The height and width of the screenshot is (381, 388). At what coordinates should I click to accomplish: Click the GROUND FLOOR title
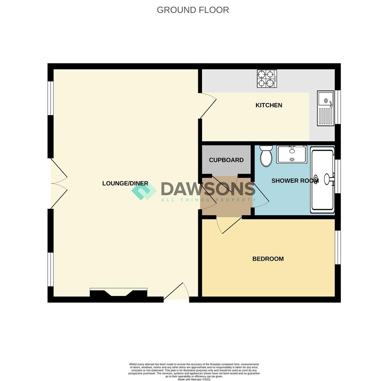(x=193, y=10)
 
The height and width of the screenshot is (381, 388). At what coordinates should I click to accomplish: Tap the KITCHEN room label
(x=269, y=105)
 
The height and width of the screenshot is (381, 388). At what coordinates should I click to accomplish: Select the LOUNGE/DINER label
(x=125, y=183)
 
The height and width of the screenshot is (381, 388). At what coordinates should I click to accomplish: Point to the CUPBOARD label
(x=226, y=160)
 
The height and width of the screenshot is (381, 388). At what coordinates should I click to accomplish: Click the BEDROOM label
(x=268, y=259)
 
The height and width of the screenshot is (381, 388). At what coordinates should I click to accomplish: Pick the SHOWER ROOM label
(x=295, y=181)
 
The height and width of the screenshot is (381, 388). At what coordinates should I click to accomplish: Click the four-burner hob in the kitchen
(x=267, y=79)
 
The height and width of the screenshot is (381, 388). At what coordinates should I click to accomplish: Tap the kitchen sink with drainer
(x=325, y=108)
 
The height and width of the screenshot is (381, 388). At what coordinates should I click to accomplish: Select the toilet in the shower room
(x=266, y=156)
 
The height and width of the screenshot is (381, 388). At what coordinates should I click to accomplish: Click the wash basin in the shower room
(x=292, y=155)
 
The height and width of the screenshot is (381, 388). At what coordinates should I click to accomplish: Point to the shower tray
(x=322, y=180)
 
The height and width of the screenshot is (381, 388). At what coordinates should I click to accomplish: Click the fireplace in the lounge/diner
(x=118, y=295)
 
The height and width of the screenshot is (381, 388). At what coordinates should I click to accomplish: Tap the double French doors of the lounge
(x=58, y=183)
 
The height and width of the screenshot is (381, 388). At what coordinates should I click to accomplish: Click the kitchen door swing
(x=208, y=105)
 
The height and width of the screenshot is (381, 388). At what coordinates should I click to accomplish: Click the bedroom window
(x=337, y=247)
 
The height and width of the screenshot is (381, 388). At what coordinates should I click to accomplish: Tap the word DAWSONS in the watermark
(x=208, y=189)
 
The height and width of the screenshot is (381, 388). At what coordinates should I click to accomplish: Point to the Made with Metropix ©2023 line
(x=194, y=379)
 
